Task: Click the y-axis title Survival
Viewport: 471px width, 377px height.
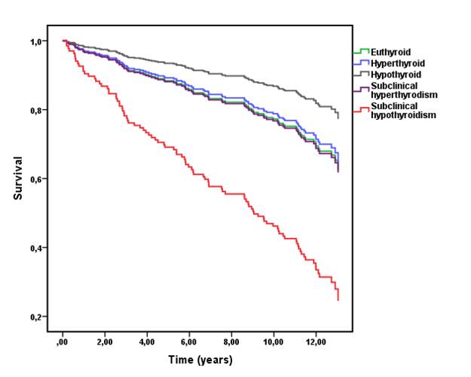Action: tap(17, 178)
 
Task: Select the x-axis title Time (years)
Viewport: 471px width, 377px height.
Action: tap(200, 360)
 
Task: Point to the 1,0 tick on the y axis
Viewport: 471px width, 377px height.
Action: tap(36, 41)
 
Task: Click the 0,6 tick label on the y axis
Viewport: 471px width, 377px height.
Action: tap(36, 179)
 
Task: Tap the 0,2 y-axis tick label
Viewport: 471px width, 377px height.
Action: tap(36, 317)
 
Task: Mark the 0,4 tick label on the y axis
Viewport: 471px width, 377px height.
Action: tap(36, 248)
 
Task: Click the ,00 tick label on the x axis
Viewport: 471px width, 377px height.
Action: tap(63, 342)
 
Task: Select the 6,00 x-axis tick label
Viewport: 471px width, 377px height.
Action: tap(189, 342)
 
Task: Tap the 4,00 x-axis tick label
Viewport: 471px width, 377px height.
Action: tap(147, 342)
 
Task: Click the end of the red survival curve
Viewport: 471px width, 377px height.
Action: tap(338, 300)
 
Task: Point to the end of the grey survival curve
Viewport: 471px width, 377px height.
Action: tap(338, 118)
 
